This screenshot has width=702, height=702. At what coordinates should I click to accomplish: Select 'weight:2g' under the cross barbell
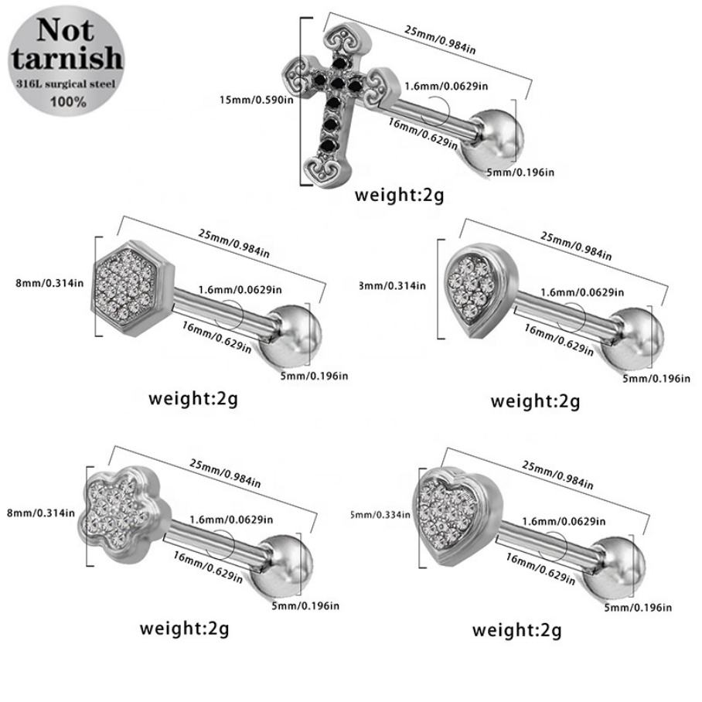(x=399, y=194)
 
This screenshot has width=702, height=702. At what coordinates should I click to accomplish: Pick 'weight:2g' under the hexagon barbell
(x=193, y=399)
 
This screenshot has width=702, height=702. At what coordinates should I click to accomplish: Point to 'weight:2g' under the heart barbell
(x=517, y=629)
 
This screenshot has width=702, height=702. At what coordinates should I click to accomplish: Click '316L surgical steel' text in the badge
(x=66, y=83)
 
